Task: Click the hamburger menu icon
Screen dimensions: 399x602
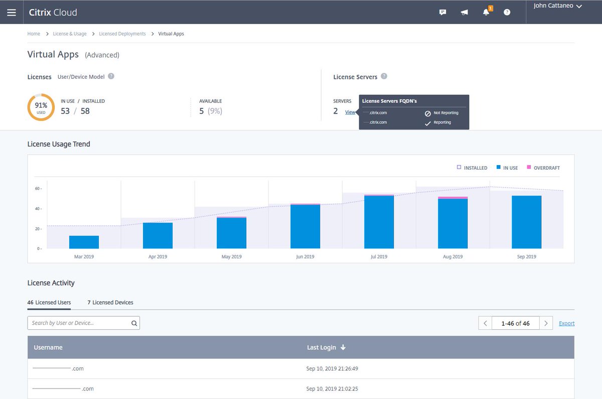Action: pos(12,12)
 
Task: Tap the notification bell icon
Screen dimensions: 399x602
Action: pos(486,12)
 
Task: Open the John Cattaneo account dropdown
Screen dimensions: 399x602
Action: pos(557,6)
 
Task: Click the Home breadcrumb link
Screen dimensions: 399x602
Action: pos(34,34)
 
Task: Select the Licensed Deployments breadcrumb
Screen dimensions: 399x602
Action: pos(122,34)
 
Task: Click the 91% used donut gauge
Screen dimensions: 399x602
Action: pos(41,107)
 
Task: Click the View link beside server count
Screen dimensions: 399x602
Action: pos(350,112)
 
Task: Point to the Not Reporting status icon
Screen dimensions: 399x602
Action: pos(428,113)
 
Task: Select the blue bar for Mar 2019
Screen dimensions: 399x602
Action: pos(84,242)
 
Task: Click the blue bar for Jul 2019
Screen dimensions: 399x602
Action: pos(379,222)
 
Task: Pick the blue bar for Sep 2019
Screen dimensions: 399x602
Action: pos(526,222)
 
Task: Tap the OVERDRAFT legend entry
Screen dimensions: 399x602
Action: pos(543,168)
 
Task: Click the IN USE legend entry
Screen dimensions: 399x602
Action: pos(507,168)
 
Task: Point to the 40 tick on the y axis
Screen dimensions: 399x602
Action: pos(38,209)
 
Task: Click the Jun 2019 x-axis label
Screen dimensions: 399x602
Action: pos(305,256)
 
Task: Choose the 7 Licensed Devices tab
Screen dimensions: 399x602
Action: pos(110,302)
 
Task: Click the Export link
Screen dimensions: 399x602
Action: pos(566,323)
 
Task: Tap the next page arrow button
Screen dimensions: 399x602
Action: pos(546,323)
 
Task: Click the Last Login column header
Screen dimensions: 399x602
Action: pos(326,347)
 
